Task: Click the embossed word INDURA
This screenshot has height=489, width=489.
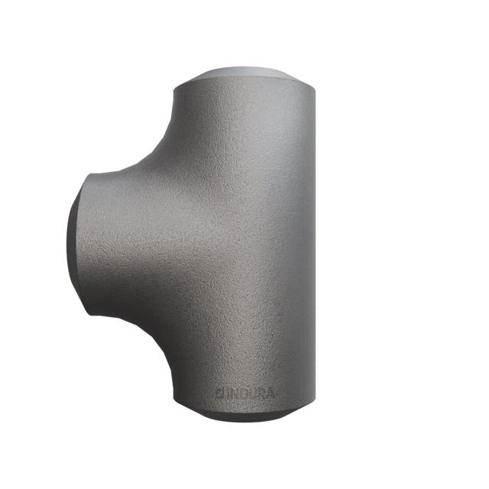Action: [x=246, y=393]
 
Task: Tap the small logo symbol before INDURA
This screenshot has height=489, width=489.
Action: [x=219, y=393]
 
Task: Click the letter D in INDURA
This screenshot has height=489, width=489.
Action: [x=240, y=393]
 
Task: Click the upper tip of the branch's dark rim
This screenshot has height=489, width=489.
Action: [x=86, y=177]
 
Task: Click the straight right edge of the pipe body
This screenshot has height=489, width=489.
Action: [x=313, y=244]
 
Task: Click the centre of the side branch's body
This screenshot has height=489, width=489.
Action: [x=122, y=244]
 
